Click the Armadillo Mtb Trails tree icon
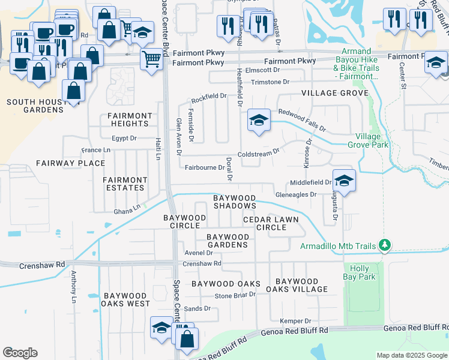pyautogui.click(x=385, y=245)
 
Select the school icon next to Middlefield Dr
pyautogui.click(x=345, y=181)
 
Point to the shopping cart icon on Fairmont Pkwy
pyautogui.click(x=152, y=59)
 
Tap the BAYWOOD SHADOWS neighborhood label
pyautogui.click(x=235, y=202)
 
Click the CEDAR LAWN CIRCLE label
pyautogui.click(x=271, y=223)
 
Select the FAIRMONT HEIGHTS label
pyautogui.click(x=130, y=119)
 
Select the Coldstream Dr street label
pyautogui.click(x=259, y=154)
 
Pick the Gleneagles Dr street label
pyautogui.click(x=295, y=194)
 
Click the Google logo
pyautogui.click(x=20, y=353)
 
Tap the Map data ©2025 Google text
pyautogui.click(x=411, y=355)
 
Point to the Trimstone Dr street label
pyautogui.click(x=270, y=82)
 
